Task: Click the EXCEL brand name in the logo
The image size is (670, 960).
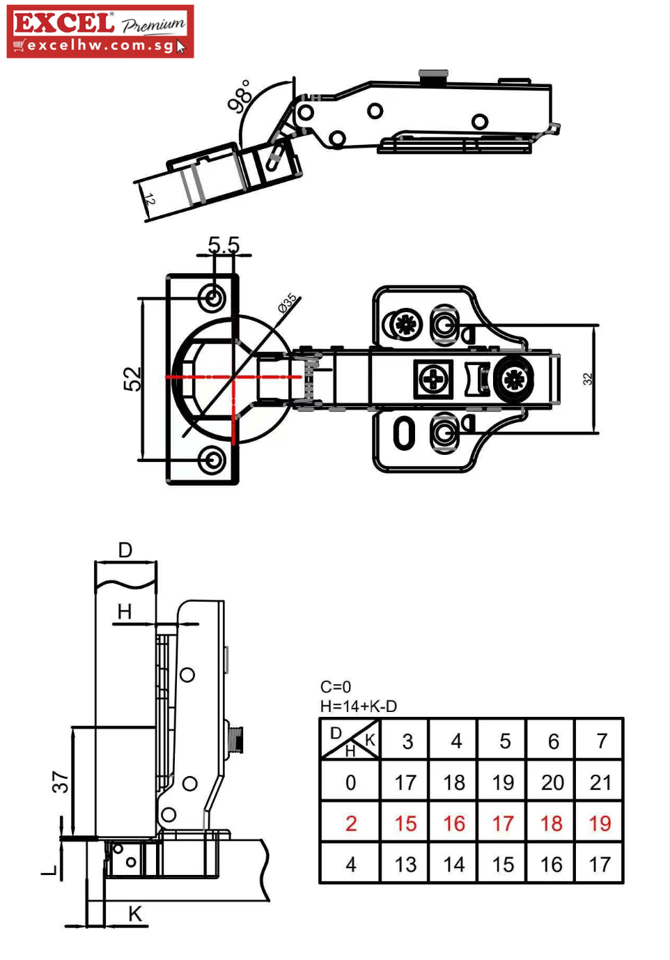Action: point(64,23)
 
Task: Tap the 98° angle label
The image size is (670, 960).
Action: point(239,96)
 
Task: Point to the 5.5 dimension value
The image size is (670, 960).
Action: point(224,245)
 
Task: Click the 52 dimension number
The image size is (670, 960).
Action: point(132,379)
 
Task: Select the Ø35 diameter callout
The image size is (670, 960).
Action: point(287,303)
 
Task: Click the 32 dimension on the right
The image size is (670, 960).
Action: point(587,378)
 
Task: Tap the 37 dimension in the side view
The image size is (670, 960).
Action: point(60,782)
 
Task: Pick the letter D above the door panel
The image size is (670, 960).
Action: point(125,550)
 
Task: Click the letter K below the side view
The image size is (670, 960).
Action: point(135,914)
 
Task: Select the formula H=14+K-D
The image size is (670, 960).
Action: point(359,706)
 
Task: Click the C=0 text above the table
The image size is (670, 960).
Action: point(336,687)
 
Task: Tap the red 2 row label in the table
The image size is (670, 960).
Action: point(351,823)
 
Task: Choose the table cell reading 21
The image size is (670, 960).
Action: point(600,783)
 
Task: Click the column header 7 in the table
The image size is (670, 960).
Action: point(602,741)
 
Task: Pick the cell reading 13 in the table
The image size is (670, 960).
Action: point(405,865)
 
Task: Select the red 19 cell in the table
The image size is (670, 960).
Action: point(600,823)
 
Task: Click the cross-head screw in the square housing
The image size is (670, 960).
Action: point(433,379)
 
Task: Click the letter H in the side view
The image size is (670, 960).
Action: point(125,612)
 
